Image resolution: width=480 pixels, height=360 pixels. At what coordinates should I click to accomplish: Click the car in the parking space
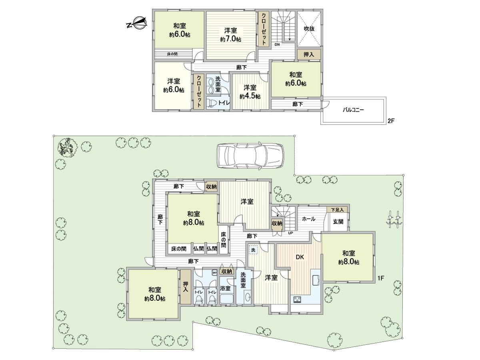click(250, 156)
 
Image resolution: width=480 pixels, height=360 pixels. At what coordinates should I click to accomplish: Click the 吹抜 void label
click(308, 28)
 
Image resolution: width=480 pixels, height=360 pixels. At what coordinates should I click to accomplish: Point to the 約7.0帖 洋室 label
click(230, 34)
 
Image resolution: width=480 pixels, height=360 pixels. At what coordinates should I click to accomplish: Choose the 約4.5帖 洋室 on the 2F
click(250, 92)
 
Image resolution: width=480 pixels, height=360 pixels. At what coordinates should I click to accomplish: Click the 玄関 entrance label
click(338, 222)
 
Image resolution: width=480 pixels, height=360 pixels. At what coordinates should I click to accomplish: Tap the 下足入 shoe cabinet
click(338, 210)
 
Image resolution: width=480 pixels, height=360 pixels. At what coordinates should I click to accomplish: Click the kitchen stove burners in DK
click(298, 299)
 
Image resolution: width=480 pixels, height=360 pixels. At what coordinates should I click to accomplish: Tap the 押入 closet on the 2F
click(308, 54)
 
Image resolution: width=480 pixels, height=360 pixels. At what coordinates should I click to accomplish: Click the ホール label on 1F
click(308, 219)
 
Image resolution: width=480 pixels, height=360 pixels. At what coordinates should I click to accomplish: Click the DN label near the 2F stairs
click(277, 44)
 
